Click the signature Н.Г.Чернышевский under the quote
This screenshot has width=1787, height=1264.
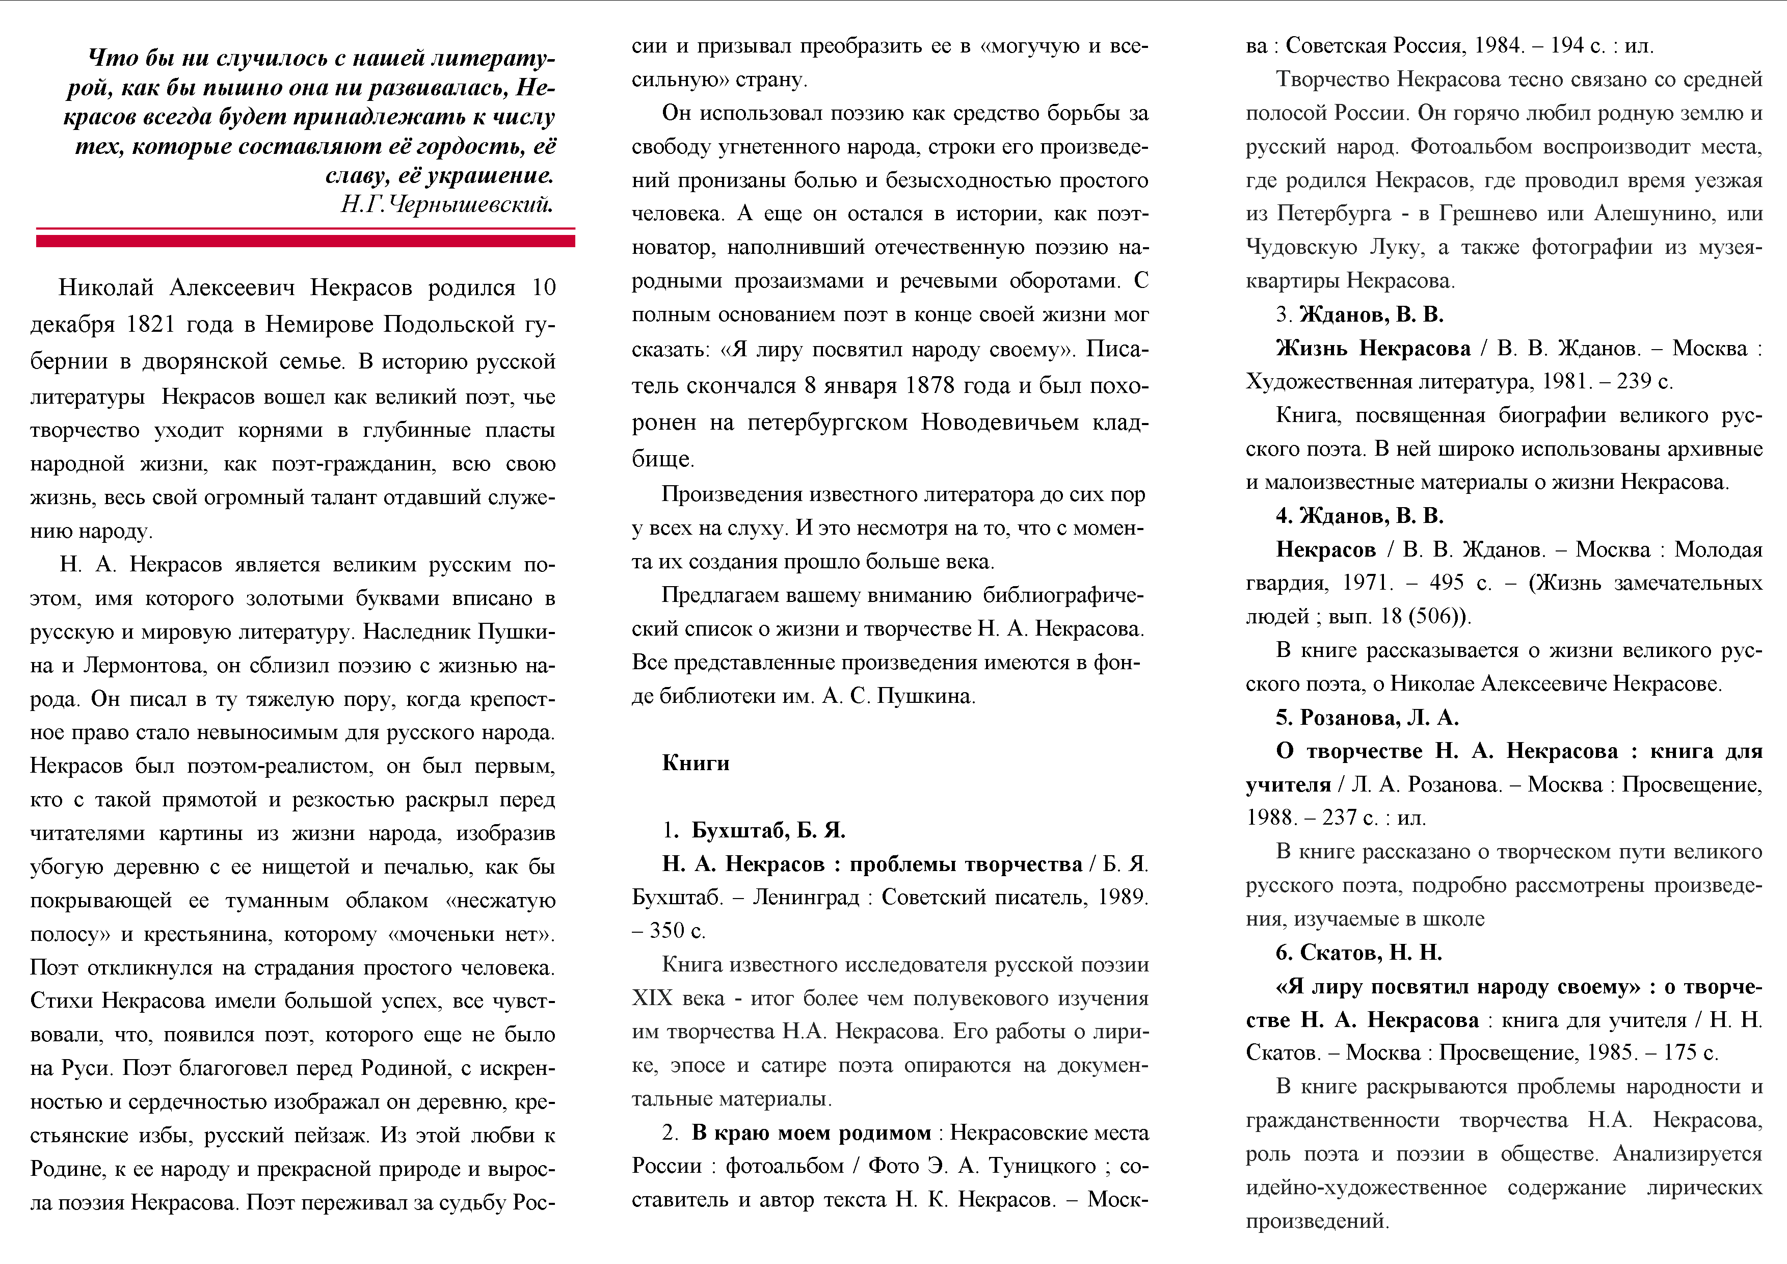(x=447, y=205)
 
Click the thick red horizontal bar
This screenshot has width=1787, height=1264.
(x=305, y=241)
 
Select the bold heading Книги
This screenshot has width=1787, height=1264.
(x=695, y=763)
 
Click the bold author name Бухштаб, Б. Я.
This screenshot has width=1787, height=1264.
(x=768, y=830)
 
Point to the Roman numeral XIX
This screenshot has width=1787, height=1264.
(x=651, y=998)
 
